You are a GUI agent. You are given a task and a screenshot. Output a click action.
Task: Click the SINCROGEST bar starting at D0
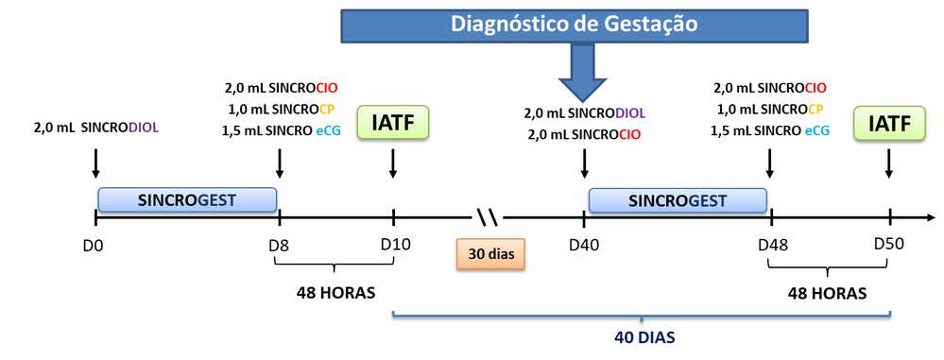187,199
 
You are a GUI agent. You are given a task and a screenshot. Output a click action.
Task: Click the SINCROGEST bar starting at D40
678,199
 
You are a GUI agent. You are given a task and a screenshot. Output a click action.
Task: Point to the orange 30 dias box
490,253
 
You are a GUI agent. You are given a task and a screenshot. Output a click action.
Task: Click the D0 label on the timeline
95,245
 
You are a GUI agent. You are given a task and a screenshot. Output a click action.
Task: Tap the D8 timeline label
279,245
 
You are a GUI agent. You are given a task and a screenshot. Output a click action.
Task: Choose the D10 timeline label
396,245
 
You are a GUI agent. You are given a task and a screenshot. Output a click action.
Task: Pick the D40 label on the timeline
584,245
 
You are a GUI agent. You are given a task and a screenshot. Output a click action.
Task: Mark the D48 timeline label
773,245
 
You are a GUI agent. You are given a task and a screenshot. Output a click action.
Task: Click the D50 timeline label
889,245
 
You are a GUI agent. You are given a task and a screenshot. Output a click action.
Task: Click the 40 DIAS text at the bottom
642,336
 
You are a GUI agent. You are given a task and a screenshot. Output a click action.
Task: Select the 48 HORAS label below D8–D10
336,292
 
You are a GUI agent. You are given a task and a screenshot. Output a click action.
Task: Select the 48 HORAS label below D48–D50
828,293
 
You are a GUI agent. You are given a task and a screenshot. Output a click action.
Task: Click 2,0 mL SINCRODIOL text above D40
584,113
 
